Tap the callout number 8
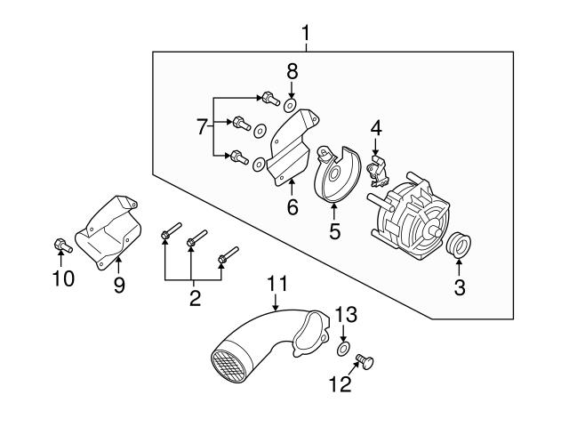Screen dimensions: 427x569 (292, 70)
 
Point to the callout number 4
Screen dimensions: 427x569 (376, 128)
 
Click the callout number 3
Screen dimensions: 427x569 (459, 288)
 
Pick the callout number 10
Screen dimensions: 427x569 (61, 278)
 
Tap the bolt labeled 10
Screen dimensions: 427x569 (58, 244)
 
